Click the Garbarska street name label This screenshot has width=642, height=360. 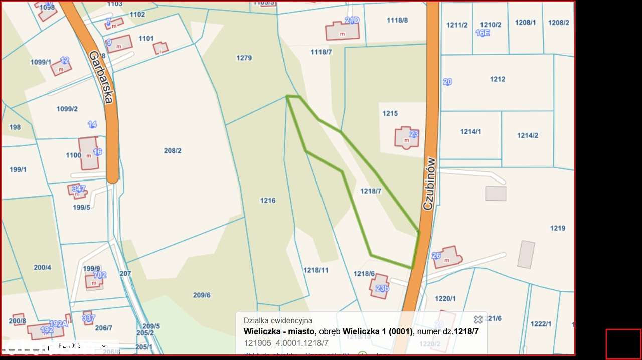[x=100, y=77]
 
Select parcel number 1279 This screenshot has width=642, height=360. [x=244, y=58]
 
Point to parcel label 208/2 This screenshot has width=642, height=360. [x=173, y=150]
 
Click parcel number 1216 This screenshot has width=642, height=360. [x=268, y=201]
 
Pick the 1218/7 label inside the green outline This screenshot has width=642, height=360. [x=371, y=191]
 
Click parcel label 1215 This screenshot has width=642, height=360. [x=390, y=114]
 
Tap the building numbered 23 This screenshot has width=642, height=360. [x=406, y=137]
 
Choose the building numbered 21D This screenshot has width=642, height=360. [x=343, y=30]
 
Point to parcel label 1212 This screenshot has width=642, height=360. [x=498, y=79]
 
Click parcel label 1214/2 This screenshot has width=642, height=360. [x=528, y=135]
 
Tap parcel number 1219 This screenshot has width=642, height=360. [x=558, y=228]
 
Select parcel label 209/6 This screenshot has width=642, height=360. [x=202, y=295]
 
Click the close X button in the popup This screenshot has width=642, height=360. [x=478, y=319]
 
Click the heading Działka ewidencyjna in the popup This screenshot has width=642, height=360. [x=278, y=320]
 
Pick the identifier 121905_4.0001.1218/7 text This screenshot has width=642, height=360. [x=286, y=343]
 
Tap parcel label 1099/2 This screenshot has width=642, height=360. [x=67, y=109]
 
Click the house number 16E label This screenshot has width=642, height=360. [x=483, y=33]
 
